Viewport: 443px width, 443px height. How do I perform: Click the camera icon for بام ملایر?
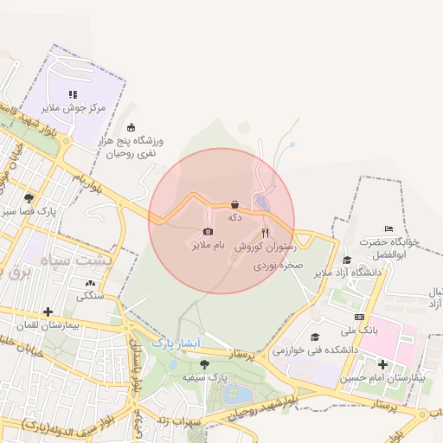[x=208, y=231]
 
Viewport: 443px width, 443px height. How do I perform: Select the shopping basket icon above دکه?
[x=234, y=204]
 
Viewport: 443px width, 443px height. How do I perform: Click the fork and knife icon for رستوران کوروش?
[x=265, y=232]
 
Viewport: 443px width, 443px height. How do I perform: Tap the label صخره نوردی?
[x=275, y=266]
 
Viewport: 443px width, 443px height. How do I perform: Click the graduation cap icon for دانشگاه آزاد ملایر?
[x=347, y=260]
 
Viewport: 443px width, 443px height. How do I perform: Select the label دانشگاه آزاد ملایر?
[x=347, y=273]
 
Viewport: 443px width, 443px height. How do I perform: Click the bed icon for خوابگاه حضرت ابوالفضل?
[x=388, y=228]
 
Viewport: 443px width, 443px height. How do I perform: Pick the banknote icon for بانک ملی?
[x=359, y=317]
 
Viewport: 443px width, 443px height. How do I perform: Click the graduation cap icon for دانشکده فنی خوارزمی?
[x=315, y=337]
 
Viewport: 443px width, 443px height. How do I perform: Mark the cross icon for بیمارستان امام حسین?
[x=382, y=364]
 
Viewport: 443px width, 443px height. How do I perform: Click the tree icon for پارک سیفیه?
[x=204, y=364]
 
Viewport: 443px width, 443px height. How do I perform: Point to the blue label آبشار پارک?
[x=176, y=343]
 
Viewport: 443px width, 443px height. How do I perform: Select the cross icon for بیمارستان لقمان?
[x=48, y=311]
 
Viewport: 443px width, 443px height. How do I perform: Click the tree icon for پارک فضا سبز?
[x=29, y=197]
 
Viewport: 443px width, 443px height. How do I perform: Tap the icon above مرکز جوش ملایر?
[x=73, y=93]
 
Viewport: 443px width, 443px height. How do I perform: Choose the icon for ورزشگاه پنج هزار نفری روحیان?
[x=131, y=127]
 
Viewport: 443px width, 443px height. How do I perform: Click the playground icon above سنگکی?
[x=90, y=282]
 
